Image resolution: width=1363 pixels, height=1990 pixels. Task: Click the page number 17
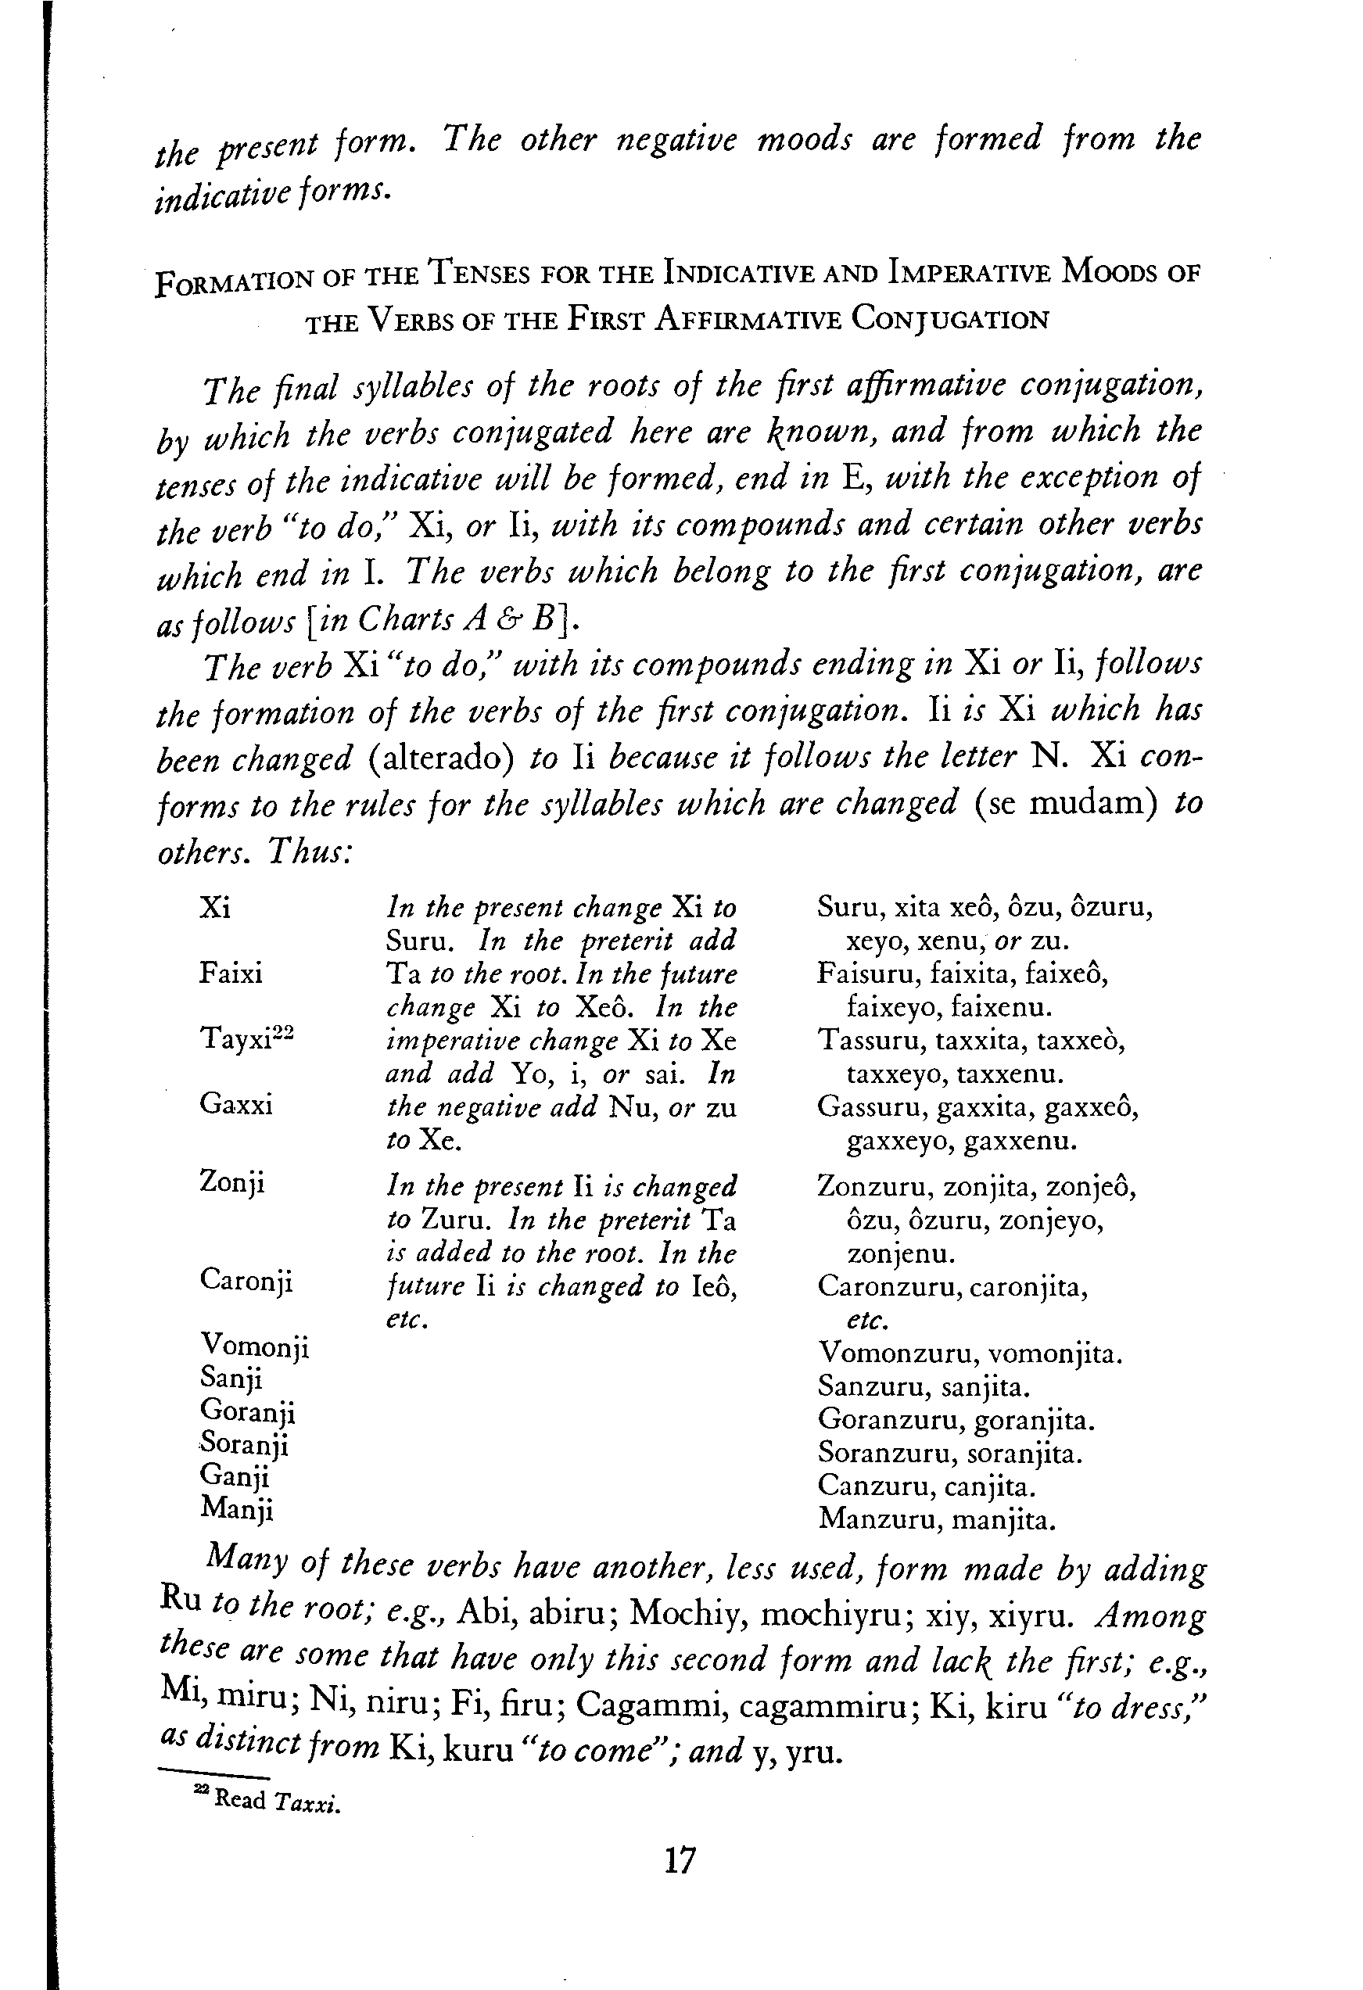(x=680, y=1860)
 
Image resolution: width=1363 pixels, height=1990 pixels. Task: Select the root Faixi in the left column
(x=231, y=973)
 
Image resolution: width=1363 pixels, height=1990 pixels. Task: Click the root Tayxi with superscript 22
(x=246, y=1038)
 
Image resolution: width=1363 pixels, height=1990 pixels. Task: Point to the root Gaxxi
(x=236, y=1105)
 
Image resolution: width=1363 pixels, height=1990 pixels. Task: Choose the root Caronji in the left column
(x=246, y=1281)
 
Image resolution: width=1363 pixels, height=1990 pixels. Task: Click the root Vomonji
(x=254, y=1347)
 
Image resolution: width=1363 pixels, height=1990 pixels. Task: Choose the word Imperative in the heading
(x=970, y=272)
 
